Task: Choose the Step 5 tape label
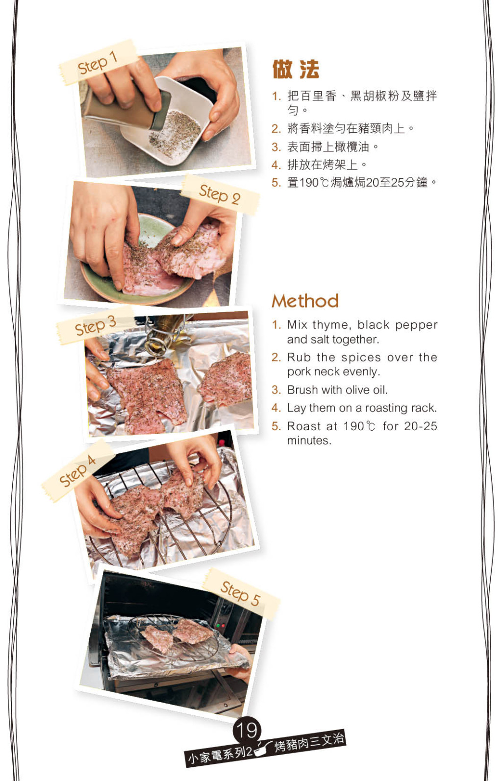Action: pos(241,593)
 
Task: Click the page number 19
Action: pos(247,730)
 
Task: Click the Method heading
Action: pos(305,301)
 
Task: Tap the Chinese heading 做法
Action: pos(296,70)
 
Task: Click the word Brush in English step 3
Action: pos(302,390)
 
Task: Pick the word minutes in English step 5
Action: pos(309,440)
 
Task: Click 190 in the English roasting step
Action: pos(354,426)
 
